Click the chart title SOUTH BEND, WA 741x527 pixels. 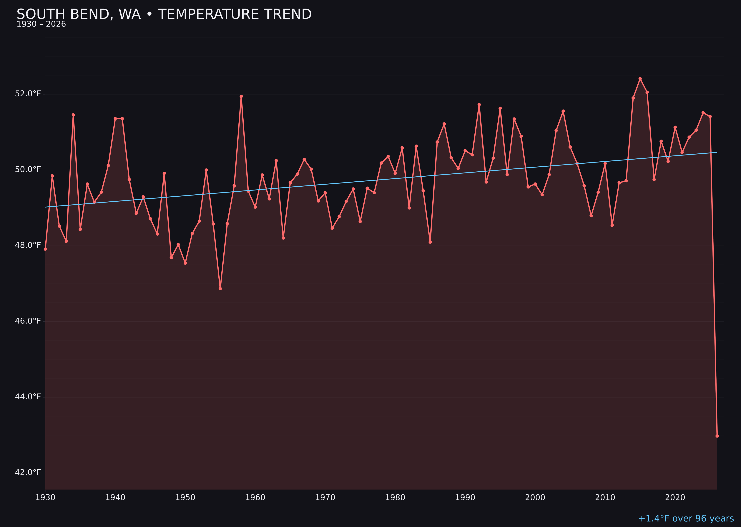164,14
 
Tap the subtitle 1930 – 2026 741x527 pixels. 41,24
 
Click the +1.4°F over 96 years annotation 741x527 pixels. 686,518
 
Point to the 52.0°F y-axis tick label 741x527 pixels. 28,94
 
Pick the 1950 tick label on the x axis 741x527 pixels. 185,498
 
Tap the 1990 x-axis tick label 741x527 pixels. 465,498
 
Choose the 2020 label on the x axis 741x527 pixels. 675,498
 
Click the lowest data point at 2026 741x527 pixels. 717,436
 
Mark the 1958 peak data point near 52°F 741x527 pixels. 241,96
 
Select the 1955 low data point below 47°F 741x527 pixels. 220,289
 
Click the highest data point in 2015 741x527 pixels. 640,79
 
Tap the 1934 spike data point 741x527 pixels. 73,115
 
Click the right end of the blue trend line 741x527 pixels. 717,152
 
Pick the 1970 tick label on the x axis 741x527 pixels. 325,498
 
